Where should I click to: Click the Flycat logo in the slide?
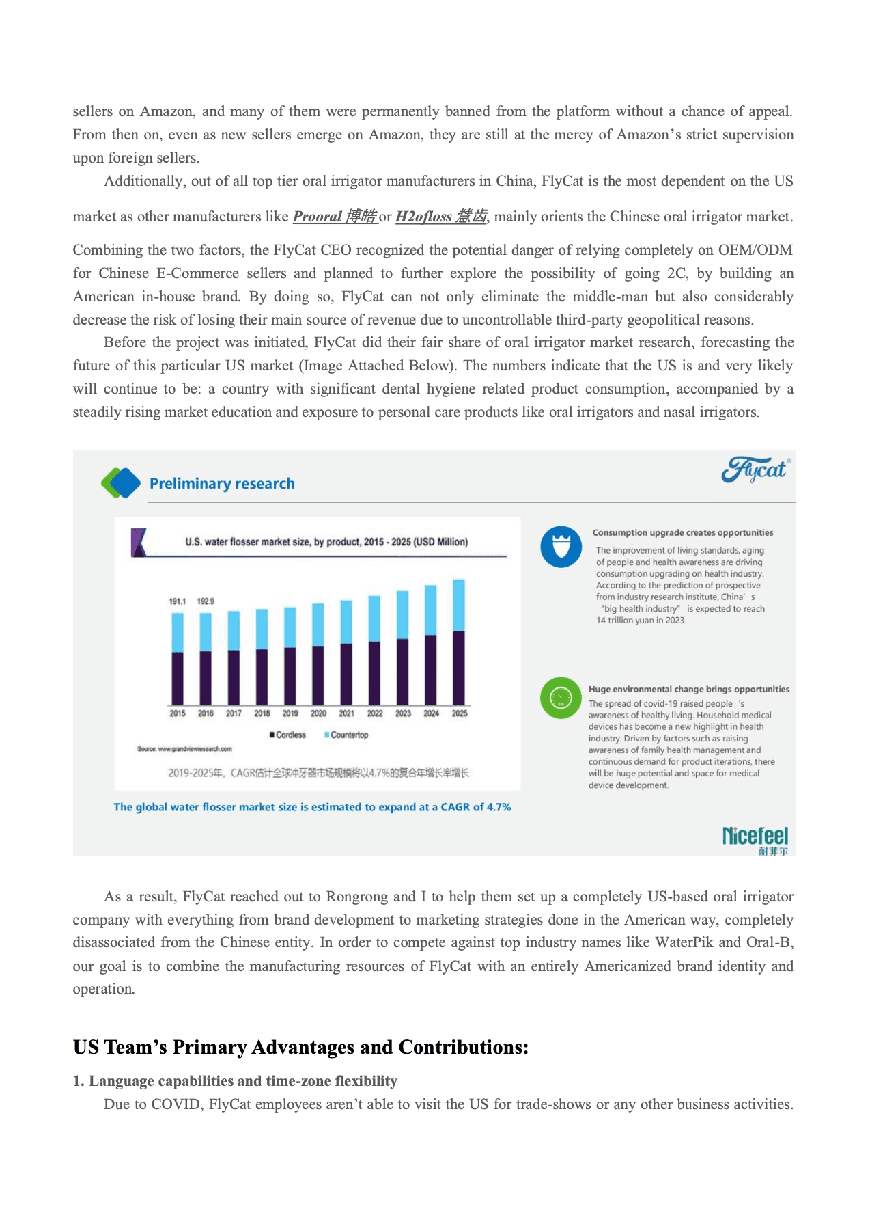click(756, 469)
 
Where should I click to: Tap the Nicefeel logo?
click(755, 839)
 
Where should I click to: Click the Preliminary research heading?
click(222, 484)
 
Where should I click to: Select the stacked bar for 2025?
click(459, 642)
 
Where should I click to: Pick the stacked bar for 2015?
click(178, 659)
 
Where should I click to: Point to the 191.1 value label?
click(178, 601)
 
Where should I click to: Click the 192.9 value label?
click(206, 601)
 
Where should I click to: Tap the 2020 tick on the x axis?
click(318, 713)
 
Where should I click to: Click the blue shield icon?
click(561, 547)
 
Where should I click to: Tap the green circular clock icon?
click(561, 698)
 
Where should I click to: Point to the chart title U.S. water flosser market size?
click(326, 542)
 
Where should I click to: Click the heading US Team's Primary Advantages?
click(300, 1048)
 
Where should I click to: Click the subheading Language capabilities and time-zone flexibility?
click(236, 1081)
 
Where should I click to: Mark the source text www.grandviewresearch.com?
click(184, 749)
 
